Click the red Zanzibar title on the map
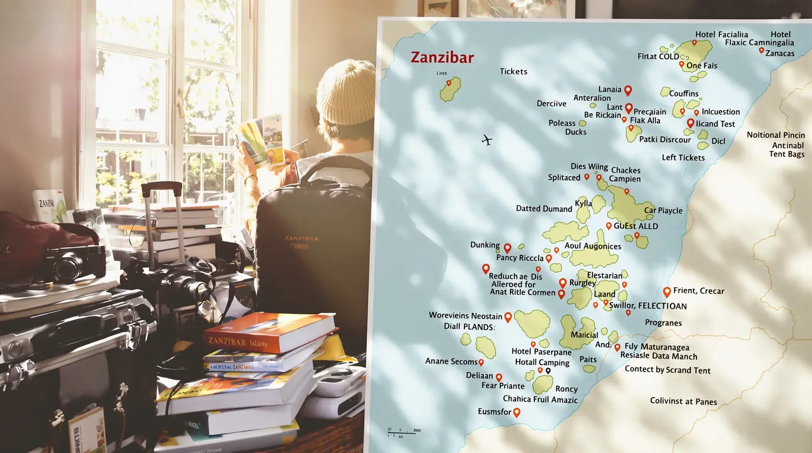[x=442, y=58]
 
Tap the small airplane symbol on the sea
[x=487, y=140]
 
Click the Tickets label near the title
[x=513, y=71]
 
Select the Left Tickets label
[x=683, y=157]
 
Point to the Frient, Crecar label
[x=699, y=291]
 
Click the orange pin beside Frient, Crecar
[x=667, y=291]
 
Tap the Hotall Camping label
[x=542, y=363]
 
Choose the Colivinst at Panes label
[x=683, y=402]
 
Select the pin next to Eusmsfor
[x=516, y=412]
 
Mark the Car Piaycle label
[x=663, y=211]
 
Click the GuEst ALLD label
[x=636, y=226]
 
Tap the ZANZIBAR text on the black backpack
[x=301, y=238]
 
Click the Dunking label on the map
[x=484, y=245]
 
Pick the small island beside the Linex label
[x=450, y=89]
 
